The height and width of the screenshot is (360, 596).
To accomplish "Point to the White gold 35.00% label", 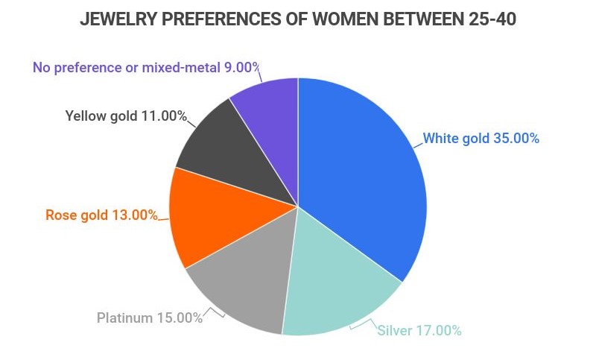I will point(481,139).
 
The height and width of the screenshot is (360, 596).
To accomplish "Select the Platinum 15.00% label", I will point(150,318).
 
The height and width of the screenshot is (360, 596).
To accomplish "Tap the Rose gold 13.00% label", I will point(101,215).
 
